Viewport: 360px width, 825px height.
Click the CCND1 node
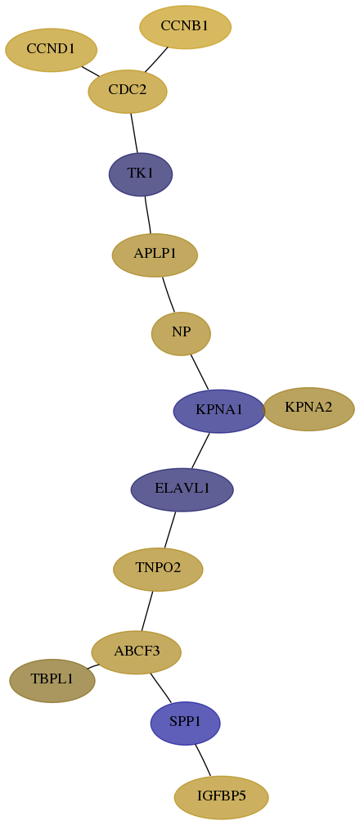click(x=51, y=50)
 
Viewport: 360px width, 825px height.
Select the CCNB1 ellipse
click(x=185, y=27)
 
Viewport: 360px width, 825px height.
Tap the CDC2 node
click(x=128, y=91)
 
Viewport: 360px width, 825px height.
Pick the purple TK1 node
click(x=141, y=174)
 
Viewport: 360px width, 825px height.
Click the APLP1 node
click(x=155, y=255)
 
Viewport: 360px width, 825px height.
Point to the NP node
click(x=181, y=334)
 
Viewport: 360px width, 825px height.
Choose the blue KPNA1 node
click(x=219, y=412)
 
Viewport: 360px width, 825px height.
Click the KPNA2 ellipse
click(x=308, y=409)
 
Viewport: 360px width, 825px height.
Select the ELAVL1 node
click(x=182, y=489)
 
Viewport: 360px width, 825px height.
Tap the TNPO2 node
click(x=158, y=570)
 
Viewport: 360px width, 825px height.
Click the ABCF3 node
click(x=137, y=652)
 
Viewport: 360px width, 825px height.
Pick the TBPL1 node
click(x=52, y=681)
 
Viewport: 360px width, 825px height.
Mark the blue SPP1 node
click(x=185, y=724)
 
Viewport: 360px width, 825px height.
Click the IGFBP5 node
click(x=221, y=798)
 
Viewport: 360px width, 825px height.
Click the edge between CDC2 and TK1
click(x=134, y=133)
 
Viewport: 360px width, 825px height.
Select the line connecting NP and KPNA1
click(x=200, y=372)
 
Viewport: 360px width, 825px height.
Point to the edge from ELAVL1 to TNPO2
click(x=170, y=530)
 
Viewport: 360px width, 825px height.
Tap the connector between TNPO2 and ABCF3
click(x=146, y=611)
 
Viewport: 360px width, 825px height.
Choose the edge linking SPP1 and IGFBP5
click(x=203, y=760)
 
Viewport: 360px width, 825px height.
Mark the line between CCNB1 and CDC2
click(x=156, y=60)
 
